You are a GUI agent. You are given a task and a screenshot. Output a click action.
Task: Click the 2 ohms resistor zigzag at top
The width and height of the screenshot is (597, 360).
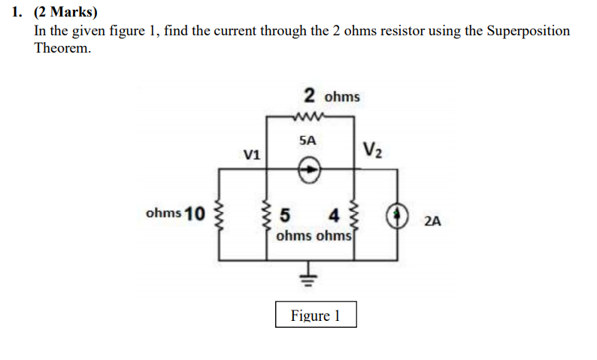tap(309, 116)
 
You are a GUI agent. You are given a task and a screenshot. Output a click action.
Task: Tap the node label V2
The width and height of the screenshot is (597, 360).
tap(373, 150)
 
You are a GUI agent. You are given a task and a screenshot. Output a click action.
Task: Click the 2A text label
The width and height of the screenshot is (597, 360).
tap(432, 221)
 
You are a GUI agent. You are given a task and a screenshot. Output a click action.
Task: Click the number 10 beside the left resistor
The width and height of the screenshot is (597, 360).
tap(195, 213)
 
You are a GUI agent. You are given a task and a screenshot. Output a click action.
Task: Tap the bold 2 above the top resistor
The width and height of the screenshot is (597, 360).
tap(310, 95)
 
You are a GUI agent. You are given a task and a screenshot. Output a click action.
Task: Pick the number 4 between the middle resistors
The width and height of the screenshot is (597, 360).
tap(334, 216)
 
